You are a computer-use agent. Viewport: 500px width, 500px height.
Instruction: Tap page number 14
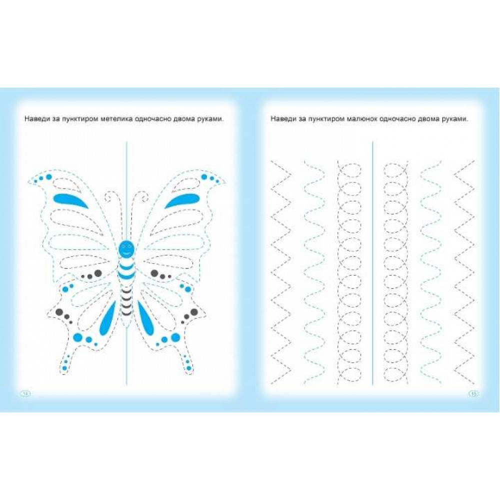[x=25, y=394]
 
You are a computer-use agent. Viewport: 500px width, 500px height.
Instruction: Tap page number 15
[x=473, y=394]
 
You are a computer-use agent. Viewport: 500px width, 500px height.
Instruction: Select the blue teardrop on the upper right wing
[x=182, y=200]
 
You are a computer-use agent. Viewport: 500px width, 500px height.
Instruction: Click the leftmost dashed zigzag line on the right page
[x=281, y=271]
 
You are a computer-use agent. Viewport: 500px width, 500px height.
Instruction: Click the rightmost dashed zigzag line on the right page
[x=464, y=271]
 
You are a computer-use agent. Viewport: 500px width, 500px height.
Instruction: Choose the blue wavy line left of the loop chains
[x=314, y=271]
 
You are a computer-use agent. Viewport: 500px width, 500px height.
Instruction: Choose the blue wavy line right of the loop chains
[x=431, y=271]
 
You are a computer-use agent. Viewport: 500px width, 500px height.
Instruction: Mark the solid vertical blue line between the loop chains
[x=372, y=263]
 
